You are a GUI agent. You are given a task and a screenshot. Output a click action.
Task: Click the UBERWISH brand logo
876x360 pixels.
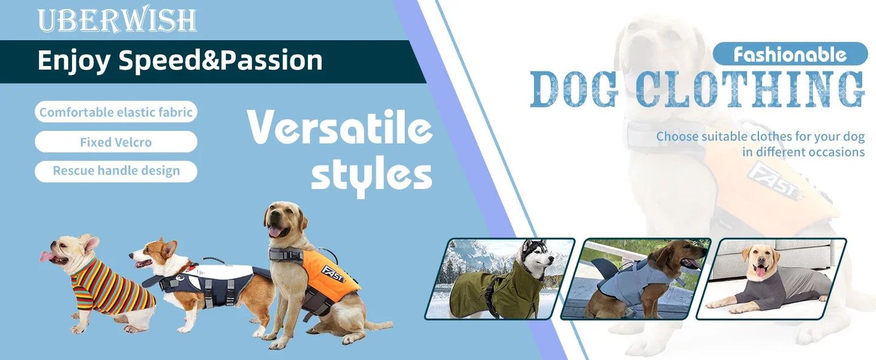point(116,21)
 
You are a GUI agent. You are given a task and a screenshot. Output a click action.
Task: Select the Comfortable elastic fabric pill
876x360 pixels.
point(116,112)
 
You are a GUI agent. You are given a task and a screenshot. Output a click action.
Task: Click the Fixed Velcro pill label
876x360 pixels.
point(116,142)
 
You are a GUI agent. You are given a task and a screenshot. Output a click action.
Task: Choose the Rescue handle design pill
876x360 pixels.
point(116,171)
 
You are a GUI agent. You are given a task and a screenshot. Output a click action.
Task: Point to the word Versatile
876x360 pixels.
point(339,129)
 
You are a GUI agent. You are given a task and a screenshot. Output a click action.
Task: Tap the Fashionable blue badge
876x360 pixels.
point(789,55)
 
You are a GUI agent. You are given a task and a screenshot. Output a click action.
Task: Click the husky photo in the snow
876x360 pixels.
point(500,278)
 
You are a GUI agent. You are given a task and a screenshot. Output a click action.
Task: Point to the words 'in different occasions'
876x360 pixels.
point(803,152)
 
